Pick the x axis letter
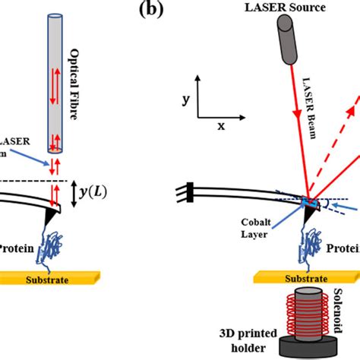point(221,126)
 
